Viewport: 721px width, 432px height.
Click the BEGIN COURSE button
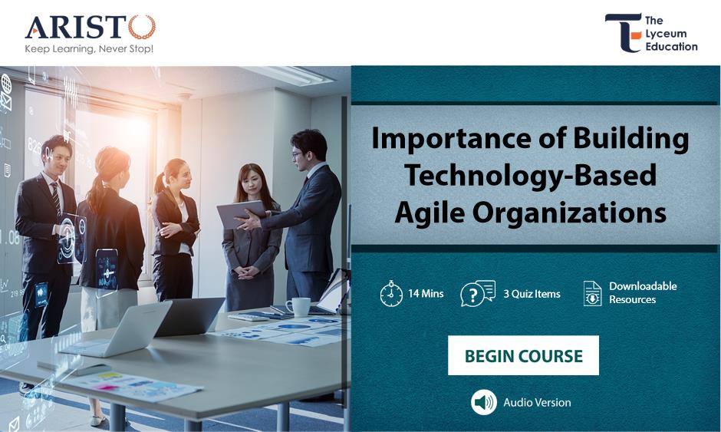tap(523, 355)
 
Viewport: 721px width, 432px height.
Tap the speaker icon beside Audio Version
tap(484, 402)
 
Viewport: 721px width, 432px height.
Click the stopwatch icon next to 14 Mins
tap(391, 294)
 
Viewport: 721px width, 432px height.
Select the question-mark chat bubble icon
tap(478, 293)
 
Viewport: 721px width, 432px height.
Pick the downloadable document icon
tap(592, 294)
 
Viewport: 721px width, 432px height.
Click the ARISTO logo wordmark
tap(91, 27)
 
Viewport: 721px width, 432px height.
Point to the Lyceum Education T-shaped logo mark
tap(624, 33)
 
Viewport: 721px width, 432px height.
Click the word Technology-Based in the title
tap(531, 175)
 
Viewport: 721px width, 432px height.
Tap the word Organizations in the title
tap(569, 213)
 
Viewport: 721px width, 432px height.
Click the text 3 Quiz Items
tap(532, 294)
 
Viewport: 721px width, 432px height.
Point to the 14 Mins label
tap(426, 294)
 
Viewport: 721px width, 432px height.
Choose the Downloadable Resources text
tap(643, 292)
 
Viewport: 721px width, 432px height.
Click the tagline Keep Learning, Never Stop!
tap(89, 49)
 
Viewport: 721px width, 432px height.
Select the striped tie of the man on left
tap(56, 198)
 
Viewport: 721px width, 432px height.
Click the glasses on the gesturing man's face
tap(297, 154)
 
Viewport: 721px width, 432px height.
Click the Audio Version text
tap(537, 403)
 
